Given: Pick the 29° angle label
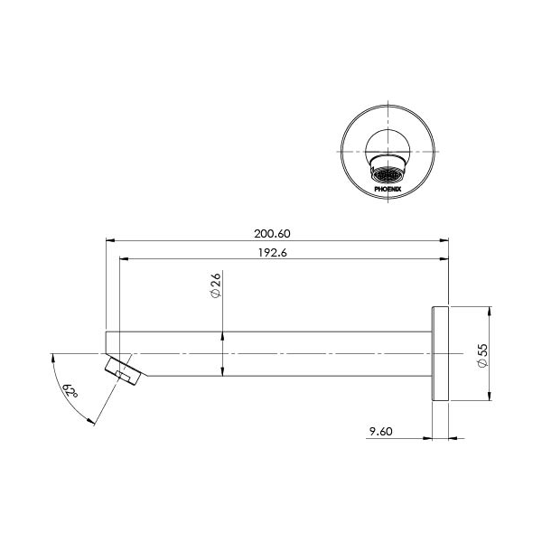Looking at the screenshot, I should [70, 392].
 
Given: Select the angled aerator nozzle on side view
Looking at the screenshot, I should [124, 371].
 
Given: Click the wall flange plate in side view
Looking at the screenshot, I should [441, 353].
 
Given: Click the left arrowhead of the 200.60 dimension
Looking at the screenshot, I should [110, 241].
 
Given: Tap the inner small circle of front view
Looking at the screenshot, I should [388, 145].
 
